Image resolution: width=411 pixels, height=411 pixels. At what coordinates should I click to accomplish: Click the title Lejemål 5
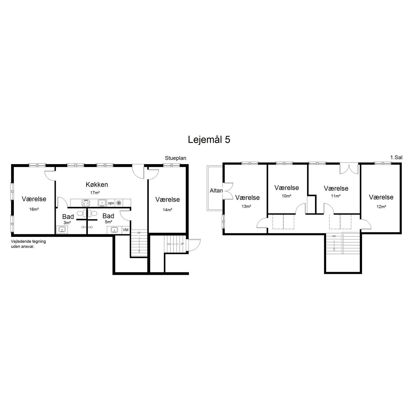point(209,140)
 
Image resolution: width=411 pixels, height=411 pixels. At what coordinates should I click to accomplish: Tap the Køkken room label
point(97,184)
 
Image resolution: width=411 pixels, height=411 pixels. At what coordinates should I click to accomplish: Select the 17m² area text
point(95,193)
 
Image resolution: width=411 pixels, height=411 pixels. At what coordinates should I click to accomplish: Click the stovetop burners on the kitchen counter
point(86,203)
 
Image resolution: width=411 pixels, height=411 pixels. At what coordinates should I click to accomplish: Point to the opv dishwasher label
point(111,203)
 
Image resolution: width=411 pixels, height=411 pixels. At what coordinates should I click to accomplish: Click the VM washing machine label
point(126,230)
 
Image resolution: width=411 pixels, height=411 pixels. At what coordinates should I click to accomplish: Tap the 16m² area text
point(34,209)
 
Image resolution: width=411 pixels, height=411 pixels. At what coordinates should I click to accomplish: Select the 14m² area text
point(167,210)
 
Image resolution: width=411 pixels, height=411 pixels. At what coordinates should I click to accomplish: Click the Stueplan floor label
point(176,158)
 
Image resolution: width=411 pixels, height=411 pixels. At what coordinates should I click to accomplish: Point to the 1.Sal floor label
point(396,158)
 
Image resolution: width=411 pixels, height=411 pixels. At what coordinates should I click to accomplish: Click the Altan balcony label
point(216,191)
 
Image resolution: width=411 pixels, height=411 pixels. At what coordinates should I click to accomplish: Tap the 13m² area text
point(246,206)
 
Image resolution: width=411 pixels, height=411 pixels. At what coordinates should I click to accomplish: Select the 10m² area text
point(287,196)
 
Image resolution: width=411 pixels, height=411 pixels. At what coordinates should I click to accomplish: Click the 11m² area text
point(336,196)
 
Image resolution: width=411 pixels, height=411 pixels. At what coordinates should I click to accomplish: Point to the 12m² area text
point(381,207)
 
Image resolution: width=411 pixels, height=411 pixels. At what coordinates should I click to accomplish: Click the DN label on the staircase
point(334,236)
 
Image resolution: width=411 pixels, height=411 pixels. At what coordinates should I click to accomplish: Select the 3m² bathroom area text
point(67,223)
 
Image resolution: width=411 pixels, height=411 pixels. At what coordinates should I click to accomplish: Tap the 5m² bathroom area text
point(108,222)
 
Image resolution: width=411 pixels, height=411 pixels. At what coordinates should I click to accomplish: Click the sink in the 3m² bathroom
point(62,230)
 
